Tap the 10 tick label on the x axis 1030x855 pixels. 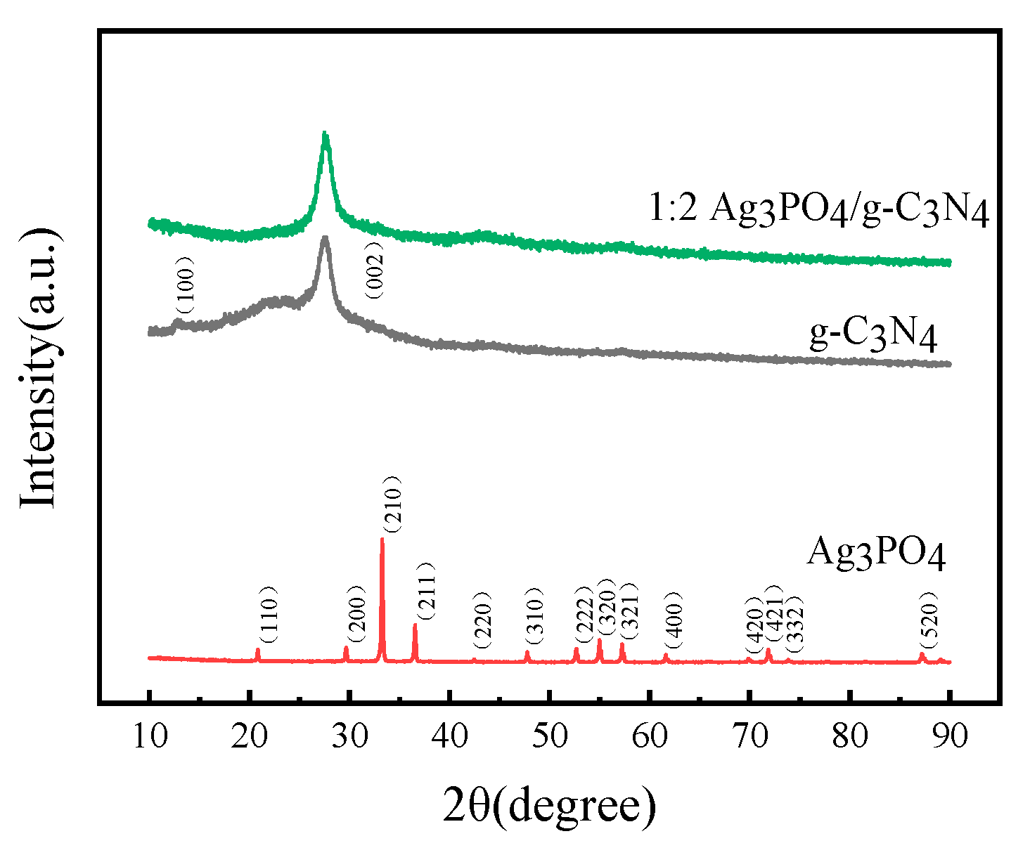[x=149, y=736]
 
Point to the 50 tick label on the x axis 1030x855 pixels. [x=550, y=736]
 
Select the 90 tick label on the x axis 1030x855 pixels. [x=950, y=736]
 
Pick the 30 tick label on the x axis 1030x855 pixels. [x=349, y=736]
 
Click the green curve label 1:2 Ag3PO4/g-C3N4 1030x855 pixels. [x=818, y=209]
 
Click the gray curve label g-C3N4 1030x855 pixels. [x=873, y=334]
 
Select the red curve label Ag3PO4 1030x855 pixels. [x=876, y=552]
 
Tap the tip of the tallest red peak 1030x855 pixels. [x=382, y=539]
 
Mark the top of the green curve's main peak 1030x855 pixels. [x=324, y=133]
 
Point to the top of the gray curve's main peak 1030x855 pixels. [x=325, y=237]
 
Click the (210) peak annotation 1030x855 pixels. [x=392, y=504]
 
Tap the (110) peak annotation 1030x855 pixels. [x=270, y=615]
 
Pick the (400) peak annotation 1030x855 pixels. [x=674, y=615]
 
